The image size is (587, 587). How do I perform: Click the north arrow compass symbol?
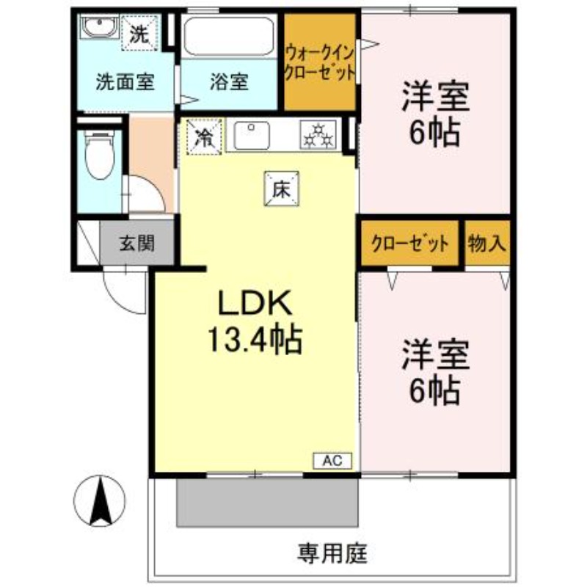pos(100,501)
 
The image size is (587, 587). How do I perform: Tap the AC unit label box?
pos(332,461)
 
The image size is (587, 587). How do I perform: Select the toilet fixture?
pos(99,155)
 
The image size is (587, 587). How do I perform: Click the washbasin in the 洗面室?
pos(100,26)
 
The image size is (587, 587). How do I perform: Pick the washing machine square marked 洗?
pos(139,33)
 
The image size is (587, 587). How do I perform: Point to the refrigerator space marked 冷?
pos(205,136)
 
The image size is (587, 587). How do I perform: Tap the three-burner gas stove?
pos(318,135)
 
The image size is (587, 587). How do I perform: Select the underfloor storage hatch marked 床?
pos(282,189)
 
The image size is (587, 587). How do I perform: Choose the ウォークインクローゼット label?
pos(319,62)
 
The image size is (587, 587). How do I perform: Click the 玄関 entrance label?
pos(137,244)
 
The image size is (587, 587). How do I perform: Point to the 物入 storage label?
pos(486,244)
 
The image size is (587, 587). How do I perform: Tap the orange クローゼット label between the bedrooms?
pos(410,244)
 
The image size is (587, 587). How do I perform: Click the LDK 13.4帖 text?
pos(255,321)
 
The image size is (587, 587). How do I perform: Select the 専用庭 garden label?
pos(332,554)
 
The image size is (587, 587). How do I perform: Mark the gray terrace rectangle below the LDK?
pos(267,503)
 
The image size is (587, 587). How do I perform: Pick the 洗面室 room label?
pos(125,81)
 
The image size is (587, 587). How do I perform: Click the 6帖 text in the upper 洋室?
pos(435,133)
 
